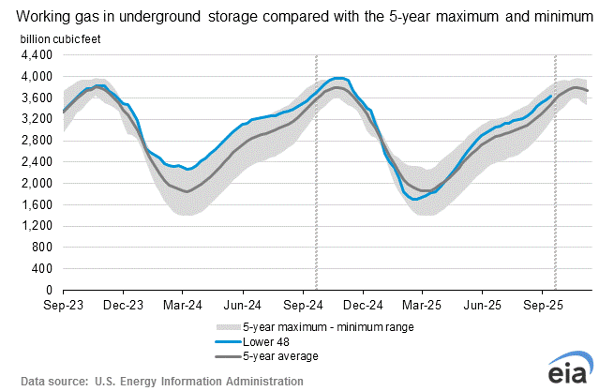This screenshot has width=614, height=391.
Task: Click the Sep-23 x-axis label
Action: (x=63, y=306)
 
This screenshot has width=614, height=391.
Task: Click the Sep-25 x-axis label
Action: (x=542, y=306)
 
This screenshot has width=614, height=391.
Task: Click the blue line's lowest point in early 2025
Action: (x=416, y=199)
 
